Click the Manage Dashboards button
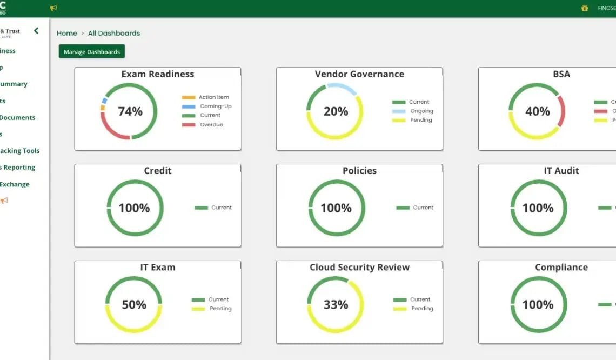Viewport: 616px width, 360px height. tap(92, 52)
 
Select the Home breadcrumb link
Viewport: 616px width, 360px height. tap(67, 33)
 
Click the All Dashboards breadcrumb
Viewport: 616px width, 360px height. tap(114, 33)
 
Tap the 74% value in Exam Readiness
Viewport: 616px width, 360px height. tap(130, 111)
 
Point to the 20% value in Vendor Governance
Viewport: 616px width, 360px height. tap(336, 111)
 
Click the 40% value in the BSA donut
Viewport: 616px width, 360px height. tap(538, 111)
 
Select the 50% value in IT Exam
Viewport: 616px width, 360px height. tap(134, 304)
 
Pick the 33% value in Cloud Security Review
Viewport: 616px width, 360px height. tap(336, 304)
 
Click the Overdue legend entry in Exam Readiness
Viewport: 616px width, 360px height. tap(211, 125)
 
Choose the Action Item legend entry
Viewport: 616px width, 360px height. tap(213, 97)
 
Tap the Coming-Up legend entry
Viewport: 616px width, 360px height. tap(215, 106)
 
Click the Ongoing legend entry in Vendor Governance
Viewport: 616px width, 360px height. tap(421, 111)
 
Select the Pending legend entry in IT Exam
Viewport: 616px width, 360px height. tap(220, 309)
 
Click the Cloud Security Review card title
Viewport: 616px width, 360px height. tap(359, 267)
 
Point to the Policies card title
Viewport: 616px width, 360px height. tap(359, 170)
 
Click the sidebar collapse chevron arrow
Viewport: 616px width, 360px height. tap(36, 31)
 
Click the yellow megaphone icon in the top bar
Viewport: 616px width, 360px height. tap(53, 8)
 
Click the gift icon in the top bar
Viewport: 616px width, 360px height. tap(585, 8)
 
